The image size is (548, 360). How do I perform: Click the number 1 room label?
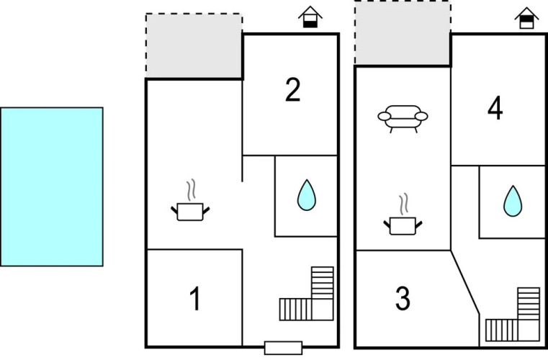coord(195,298)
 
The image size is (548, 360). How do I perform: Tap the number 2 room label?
coord(293,90)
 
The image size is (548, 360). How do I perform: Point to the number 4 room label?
coord(495,108)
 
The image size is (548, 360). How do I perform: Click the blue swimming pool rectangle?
coord(52,186)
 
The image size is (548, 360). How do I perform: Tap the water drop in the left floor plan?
coord(307,195)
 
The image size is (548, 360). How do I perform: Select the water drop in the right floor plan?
coord(513,201)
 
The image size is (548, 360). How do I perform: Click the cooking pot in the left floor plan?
coord(190,212)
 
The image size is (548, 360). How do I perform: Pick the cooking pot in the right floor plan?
coord(403,226)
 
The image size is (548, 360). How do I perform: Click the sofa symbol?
coord(403,118)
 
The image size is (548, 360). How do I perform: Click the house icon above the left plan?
coord(310,17)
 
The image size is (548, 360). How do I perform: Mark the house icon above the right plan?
coord(526,17)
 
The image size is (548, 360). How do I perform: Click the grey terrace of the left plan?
coord(194,46)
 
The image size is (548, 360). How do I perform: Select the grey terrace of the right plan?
coord(403,33)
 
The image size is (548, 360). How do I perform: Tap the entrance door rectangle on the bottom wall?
coord(284,348)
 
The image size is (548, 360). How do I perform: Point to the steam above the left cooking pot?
coord(191,190)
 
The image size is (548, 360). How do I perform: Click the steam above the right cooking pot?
coord(404,204)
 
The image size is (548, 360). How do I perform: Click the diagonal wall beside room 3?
coord(464,282)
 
